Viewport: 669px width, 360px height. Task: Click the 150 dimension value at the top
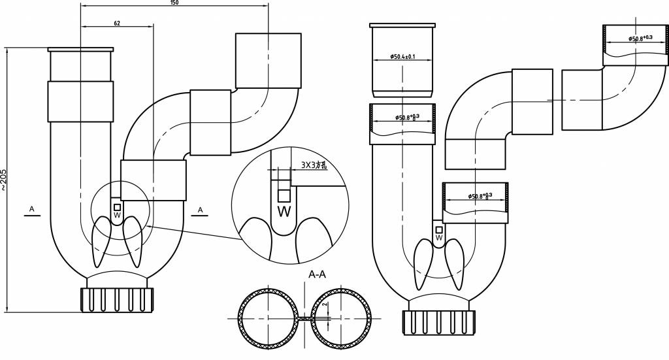click(174, 3)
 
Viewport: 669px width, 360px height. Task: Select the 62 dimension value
click(116, 24)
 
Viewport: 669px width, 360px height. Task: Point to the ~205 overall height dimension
click(4, 179)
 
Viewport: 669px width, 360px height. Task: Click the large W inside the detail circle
click(284, 212)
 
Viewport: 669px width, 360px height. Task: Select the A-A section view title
click(318, 275)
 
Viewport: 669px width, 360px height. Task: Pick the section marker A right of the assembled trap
click(201, 209)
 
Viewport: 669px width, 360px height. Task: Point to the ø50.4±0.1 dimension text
click(403, 57)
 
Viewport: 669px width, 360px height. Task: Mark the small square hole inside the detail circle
click(284, 195)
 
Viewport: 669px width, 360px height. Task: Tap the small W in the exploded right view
click(439, 238)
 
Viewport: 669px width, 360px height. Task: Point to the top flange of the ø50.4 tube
click(402, 26)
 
